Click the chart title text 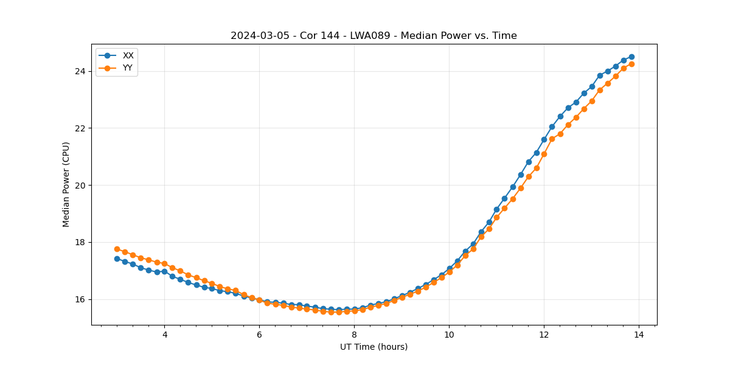[x=374, y=36]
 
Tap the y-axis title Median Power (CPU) [x=66, y=184]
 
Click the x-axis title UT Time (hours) [x=374, y=347]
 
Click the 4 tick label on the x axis [x=164, y=335]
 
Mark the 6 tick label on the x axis [x=259, y=335]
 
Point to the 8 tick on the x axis [x=354, y=335]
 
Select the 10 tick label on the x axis [x=449, y=335]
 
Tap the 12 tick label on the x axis [x=544, y=335]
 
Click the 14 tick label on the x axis [x=639, y=335]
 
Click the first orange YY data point [x=117, y=249]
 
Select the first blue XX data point [x=117, y=259]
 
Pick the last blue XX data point [x=631, y=57]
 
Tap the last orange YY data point [x=631, y=64]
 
